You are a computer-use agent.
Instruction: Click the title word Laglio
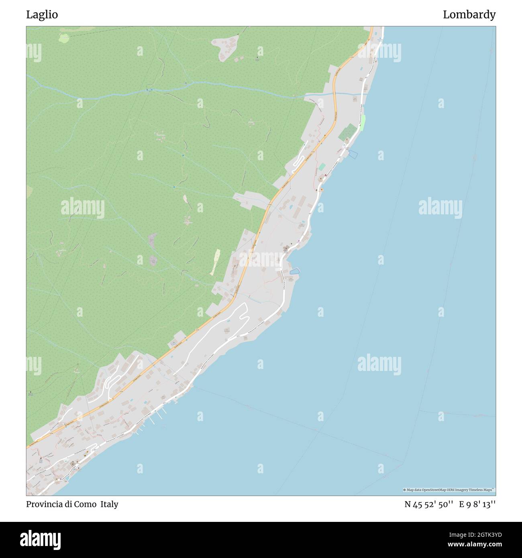click(x=42, y=15)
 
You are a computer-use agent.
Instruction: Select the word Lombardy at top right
click(x=469, y=15)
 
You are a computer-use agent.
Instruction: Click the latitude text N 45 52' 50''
click(x=429, y=504)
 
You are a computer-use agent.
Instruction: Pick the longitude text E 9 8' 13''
click(x=477, y=504)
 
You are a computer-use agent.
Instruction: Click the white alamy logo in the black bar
click(x=41, y=540)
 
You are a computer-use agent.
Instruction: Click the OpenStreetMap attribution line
click(x=449, y=490)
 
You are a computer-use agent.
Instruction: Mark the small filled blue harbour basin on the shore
click(x=294, y=271)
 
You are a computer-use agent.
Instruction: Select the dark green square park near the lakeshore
click(x=349, y=132)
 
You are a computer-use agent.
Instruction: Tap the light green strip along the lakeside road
click(x=363, y=122)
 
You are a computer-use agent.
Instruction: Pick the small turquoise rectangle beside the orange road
click(x=322, y=167)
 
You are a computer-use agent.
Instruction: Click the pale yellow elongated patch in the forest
click(x=216, y=261)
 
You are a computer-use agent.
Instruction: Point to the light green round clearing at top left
click(x=64, y=38)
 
